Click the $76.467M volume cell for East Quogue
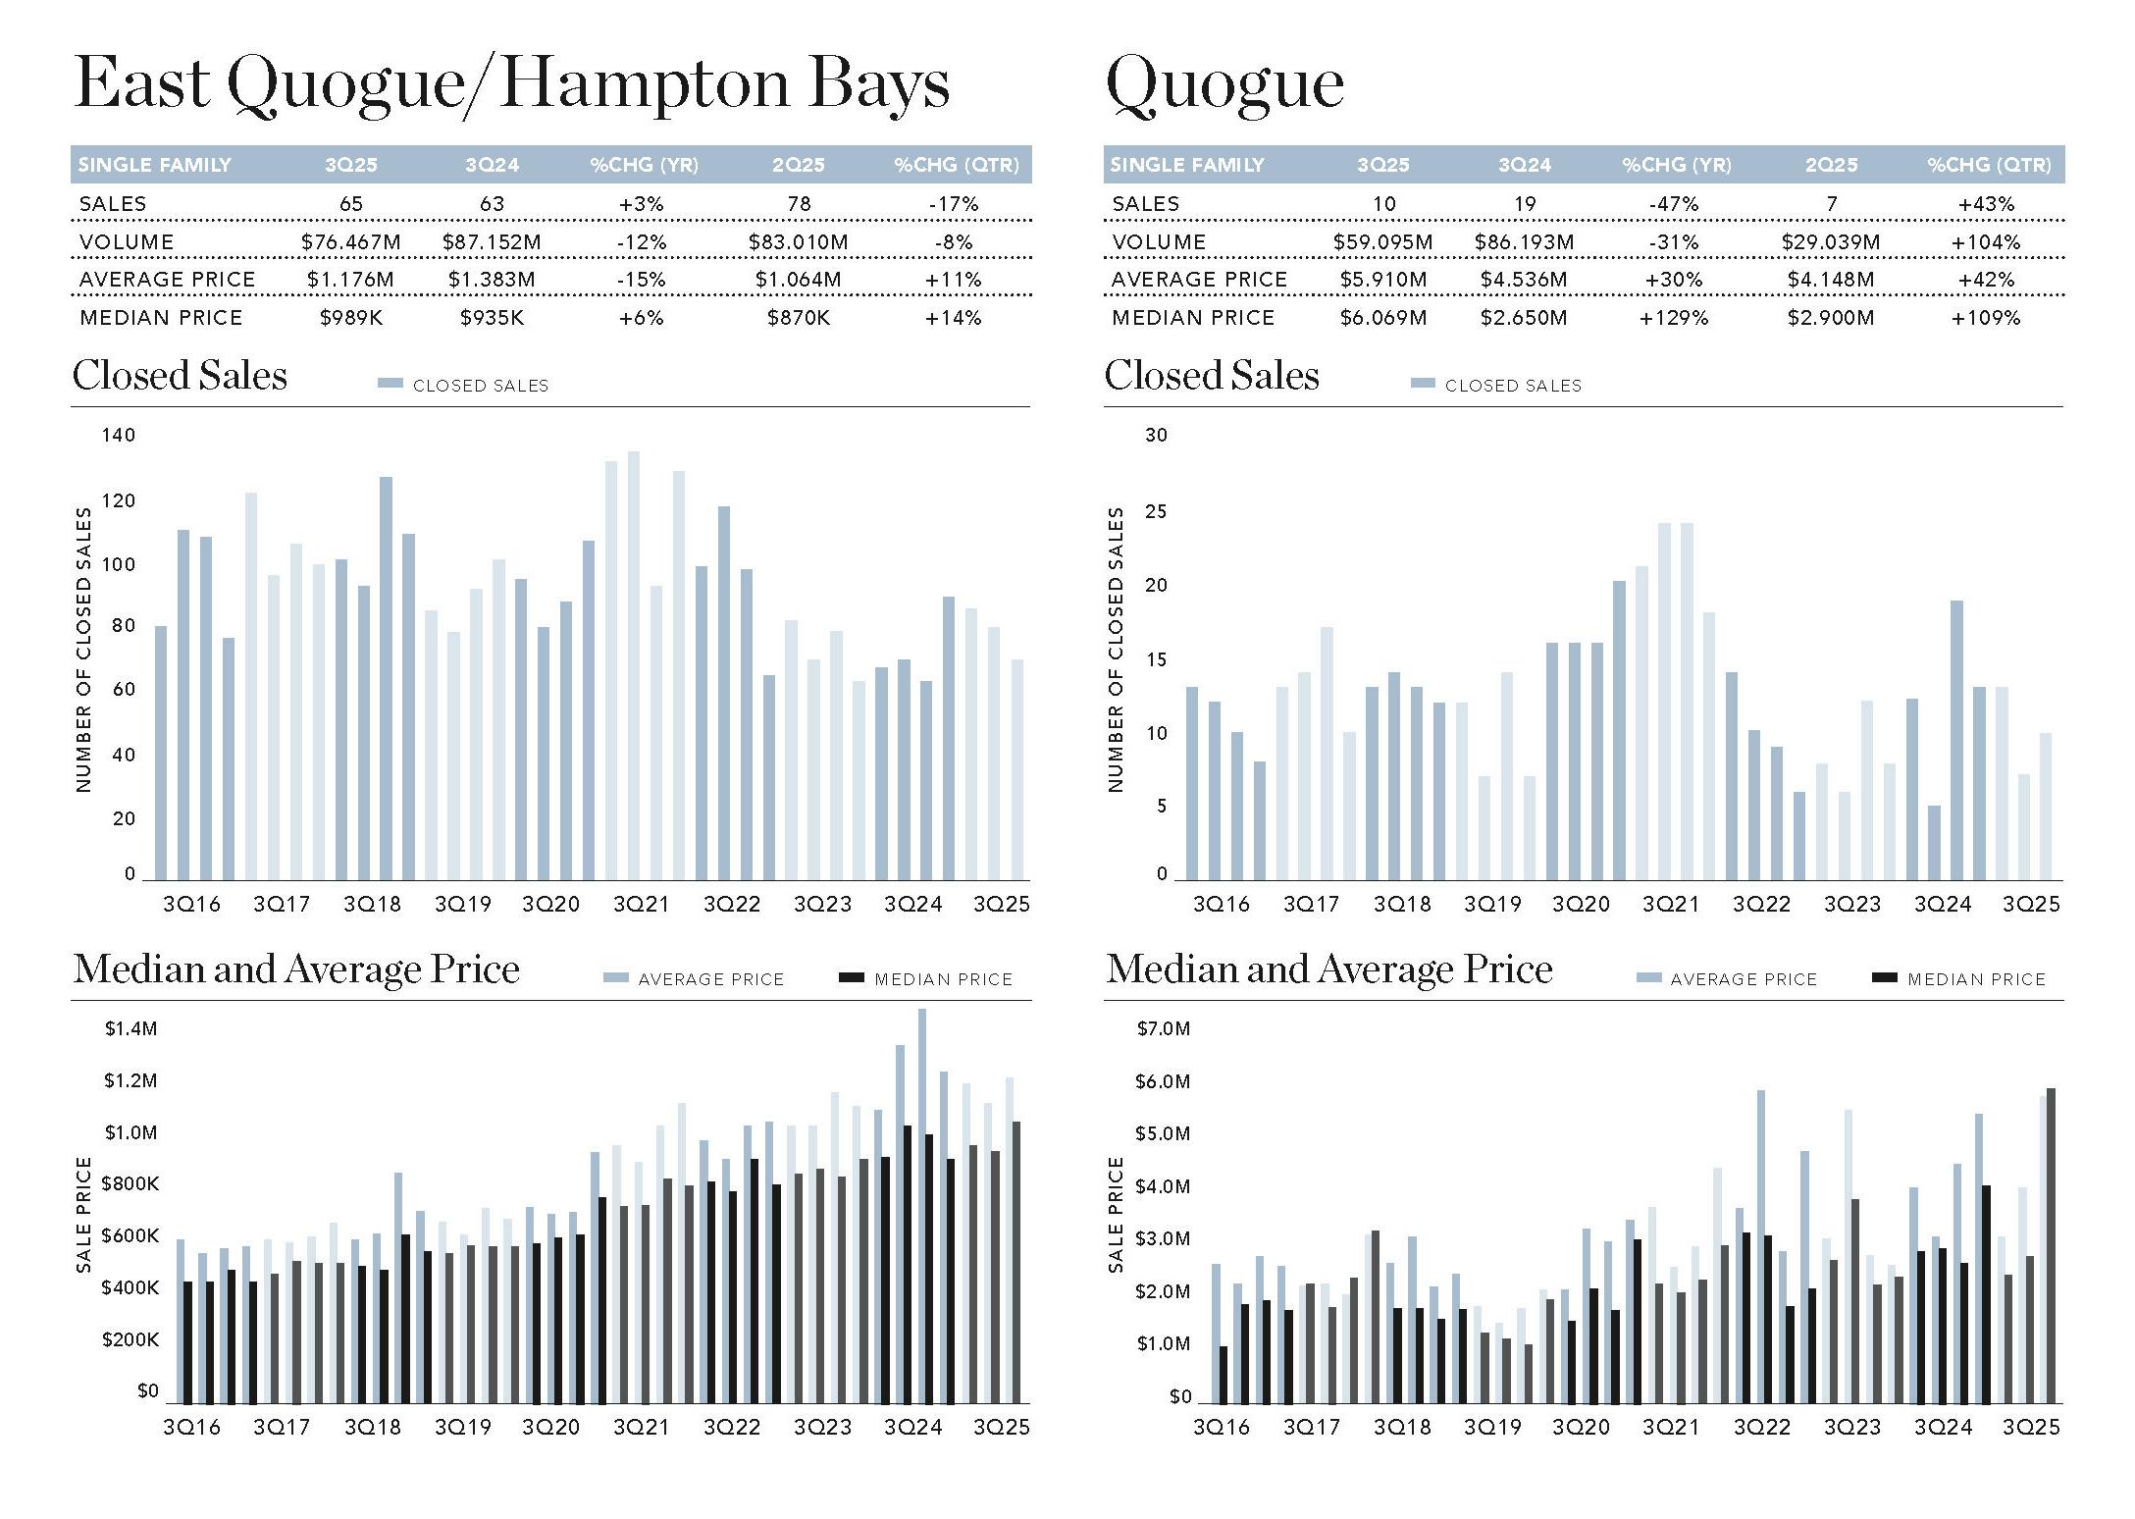(x=351, y=241)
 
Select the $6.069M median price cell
(x=1383, y=317)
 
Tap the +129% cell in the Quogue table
(x=1674, y=317)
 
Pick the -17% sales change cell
(x=954, y=204)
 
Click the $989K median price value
(x=351, y=317)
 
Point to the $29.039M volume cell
(x=1831, y=241)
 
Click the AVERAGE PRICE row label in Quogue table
(x=1199, y=280)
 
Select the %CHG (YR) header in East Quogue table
(x=644, y=165)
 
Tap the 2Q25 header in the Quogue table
(x=1831, y=165)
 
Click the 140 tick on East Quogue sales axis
(x=119, y=435)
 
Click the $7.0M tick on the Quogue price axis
(x=1163, y=1028)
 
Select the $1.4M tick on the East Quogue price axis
(x=130, y=1028)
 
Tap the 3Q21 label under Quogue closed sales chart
(x=1671, y=904)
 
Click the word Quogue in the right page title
(x=1224, y=84)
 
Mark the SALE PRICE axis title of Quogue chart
(x=1116, y=1214)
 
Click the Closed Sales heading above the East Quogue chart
(x=180, y=375)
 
